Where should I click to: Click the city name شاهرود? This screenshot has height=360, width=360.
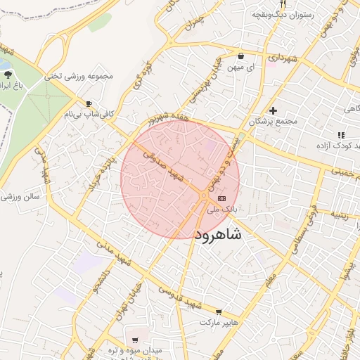pyautogui.click(x=216, y=234)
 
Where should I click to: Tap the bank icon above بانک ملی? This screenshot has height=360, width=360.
pyautogui.click(x=232, y=199)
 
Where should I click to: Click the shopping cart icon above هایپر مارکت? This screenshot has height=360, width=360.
pyautogui.click(x=219, y=312)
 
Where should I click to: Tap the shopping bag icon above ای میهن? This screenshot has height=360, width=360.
pyautogui.click(x=240, y=56)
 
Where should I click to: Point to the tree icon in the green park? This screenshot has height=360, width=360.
pyautogui.click(x=8, y=76)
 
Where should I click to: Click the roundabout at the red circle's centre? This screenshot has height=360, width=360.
pyautogui.click(x=204, y=195)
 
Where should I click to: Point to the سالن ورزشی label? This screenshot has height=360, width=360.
pyautogui.click(x=21, y=198)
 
